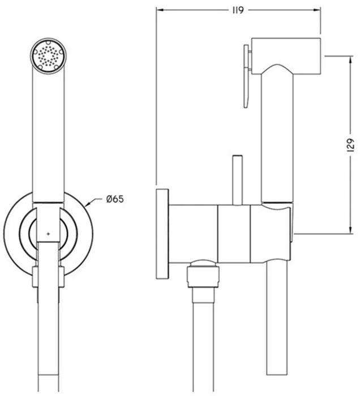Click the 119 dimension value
tap(238, 10)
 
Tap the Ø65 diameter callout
tap(115, 199)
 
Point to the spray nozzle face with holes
tap(49, 56)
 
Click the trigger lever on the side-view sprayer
tap(247, 76)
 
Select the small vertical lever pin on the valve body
tap(238, 180)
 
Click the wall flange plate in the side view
tap(162, 234)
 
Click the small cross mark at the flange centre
tap(49, 234)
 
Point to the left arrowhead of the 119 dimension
tap(160, 10)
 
